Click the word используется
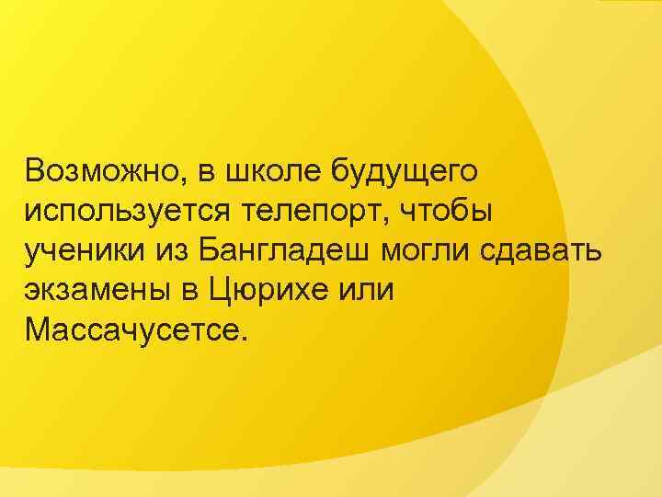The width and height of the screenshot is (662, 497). point(137,211)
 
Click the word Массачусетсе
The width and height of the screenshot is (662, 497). point(132,329)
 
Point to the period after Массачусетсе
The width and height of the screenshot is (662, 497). point(244,338)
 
